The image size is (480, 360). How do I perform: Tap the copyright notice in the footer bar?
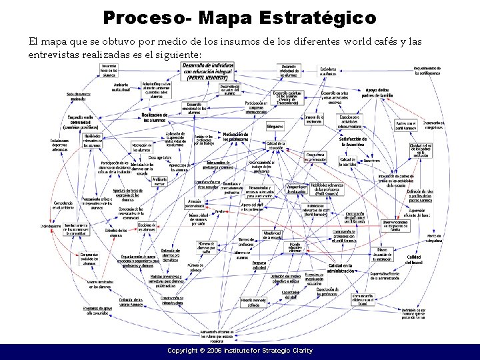[240, 351]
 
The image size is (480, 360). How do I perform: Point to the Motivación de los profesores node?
[235, 136]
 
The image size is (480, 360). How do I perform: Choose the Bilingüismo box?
[275, 125]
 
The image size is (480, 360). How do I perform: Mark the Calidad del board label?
[414, 259]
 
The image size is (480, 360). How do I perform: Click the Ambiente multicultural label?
[121, 89]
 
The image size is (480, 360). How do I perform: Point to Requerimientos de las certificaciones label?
[427, 70]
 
